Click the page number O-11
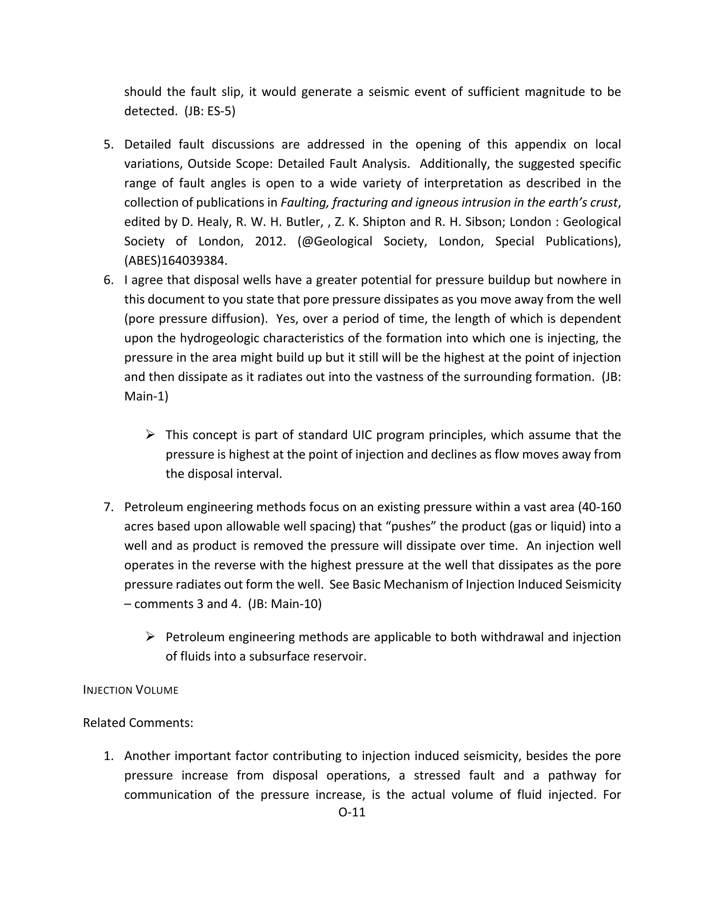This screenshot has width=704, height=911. click(352, 812)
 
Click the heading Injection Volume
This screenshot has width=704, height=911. click(131, 690)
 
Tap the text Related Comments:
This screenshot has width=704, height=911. click(138, 723)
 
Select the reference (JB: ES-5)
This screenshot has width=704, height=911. click(210, 111)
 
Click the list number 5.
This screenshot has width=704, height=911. click(108, 144)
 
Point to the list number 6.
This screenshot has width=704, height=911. click(108, 280)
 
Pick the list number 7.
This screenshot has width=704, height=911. click(108, 507)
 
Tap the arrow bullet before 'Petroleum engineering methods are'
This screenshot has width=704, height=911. click(151, 637)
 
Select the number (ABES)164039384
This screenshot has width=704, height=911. click(176, 261)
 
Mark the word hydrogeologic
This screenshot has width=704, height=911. click(220, 338)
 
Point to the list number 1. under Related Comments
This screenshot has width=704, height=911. click(108, 756)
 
